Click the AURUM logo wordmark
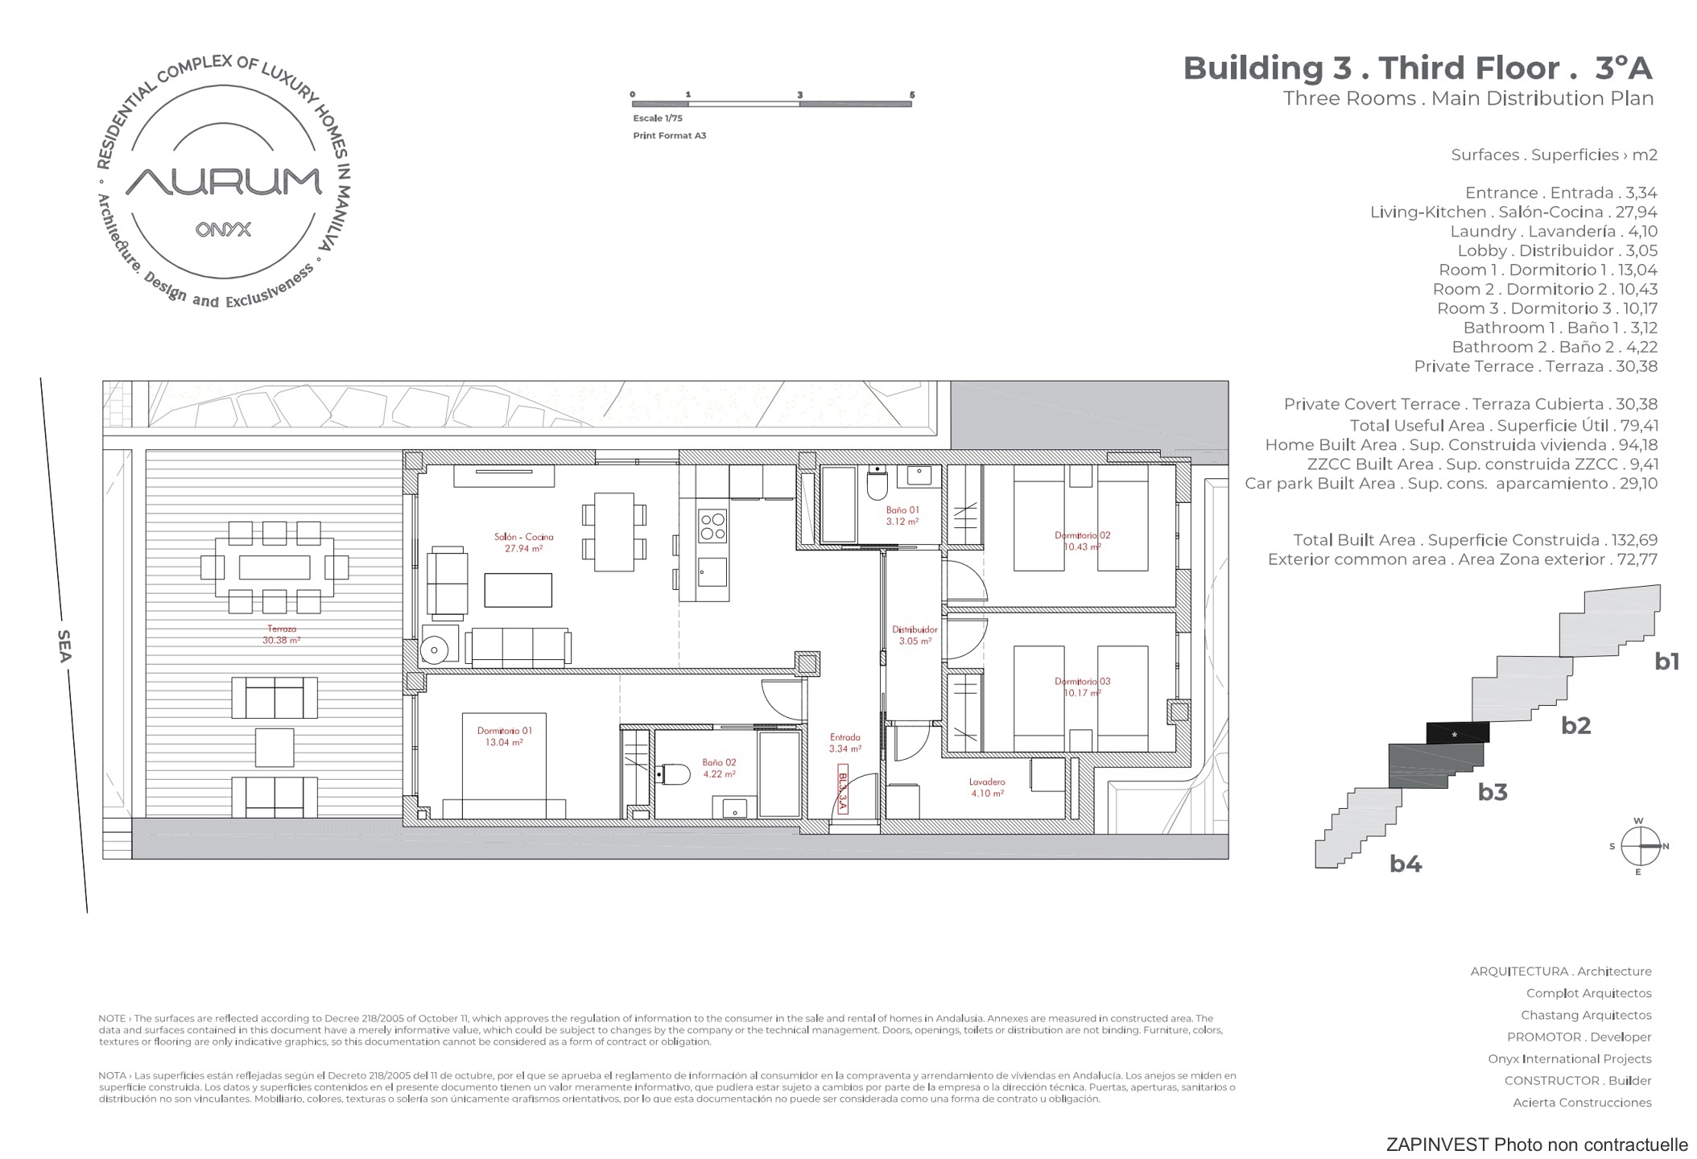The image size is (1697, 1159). click(224, 181)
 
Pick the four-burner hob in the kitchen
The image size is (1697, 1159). click(712, 525)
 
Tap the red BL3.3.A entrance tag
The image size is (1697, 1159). click(843, 790)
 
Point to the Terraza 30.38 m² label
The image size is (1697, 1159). click(281, 635)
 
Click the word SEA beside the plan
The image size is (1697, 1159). click(64, 645)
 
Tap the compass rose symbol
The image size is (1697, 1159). click(1639, 846)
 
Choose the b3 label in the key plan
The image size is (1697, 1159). click(1492, 792)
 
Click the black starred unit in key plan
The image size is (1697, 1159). click(1457, 732)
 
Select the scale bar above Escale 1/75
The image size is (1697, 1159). click(771, 103)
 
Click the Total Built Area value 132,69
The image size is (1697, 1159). click(1632, 540)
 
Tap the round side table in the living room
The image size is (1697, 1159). click(435, 650)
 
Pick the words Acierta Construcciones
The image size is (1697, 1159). click(1582, 1103)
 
